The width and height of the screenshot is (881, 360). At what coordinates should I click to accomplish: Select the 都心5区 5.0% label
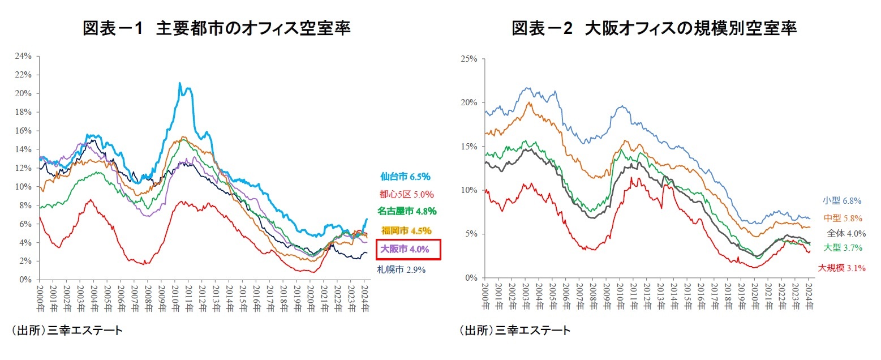point(406,194)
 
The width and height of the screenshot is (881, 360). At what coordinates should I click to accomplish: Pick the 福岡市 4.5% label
point(406,230)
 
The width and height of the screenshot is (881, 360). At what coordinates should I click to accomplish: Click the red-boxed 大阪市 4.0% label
point(407,249)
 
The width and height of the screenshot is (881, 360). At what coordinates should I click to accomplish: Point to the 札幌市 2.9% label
point(401,270)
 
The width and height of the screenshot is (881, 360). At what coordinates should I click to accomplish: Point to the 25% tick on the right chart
point(470,59)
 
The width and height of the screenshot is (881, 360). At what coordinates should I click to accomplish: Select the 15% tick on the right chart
point(470,147)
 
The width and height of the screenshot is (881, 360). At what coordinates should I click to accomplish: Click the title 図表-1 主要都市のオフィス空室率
point(217,28)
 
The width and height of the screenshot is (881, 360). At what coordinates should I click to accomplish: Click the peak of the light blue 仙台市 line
point(180,83)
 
